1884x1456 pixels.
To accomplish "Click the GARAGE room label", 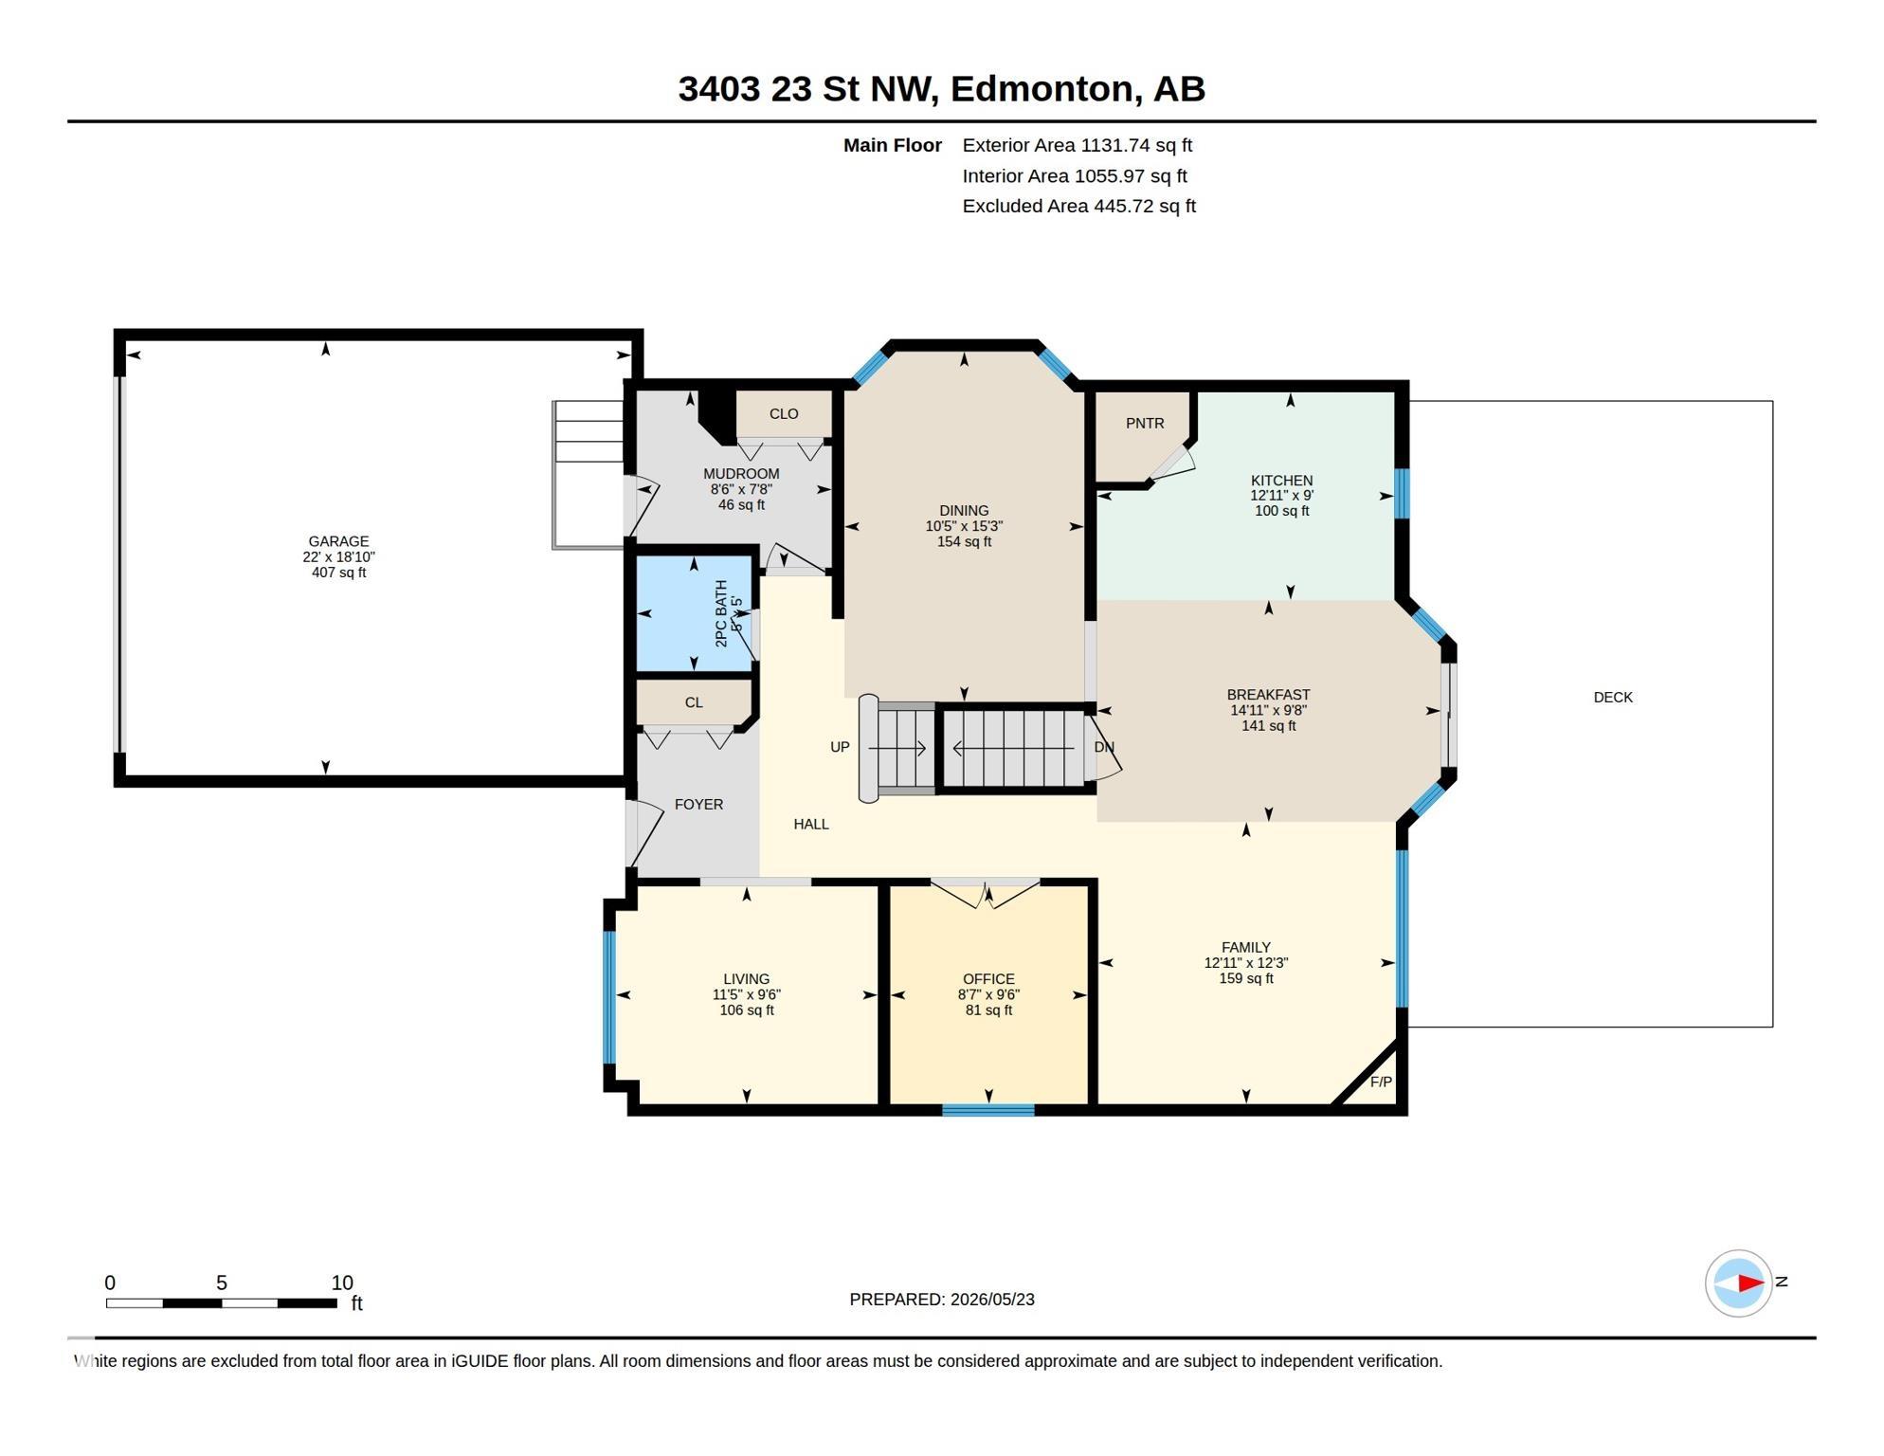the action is (x=338, y=541).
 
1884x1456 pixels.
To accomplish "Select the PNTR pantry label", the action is (x=1145, y=423).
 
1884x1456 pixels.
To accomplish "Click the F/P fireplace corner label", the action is (x=1381, y=1082).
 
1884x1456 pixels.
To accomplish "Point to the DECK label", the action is (x=1613, y=697).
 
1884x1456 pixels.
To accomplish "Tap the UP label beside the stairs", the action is (x=840, y=747).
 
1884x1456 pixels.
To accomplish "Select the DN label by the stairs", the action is (x=1104, y=747).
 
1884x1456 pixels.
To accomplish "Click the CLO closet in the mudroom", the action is (x=784, y=413).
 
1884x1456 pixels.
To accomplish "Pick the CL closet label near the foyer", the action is (x=694, y=702).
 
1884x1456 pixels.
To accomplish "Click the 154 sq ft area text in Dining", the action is (x=964, y=541).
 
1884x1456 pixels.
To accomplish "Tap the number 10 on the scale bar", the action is (x=342, y=1283).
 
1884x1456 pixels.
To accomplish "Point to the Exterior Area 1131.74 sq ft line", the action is (x=1078, y=145).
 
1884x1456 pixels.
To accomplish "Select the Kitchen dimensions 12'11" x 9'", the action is (x=1281, y=495).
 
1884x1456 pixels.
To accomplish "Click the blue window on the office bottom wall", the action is (x=987, y=1110).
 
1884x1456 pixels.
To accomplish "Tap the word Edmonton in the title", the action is (x=1042, y=88).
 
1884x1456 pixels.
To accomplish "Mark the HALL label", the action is (x=811, y=824).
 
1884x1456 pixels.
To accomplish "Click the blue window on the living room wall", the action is (x=609, y=997).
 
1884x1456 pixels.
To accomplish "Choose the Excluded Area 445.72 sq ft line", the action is (x=1079, y=206).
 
